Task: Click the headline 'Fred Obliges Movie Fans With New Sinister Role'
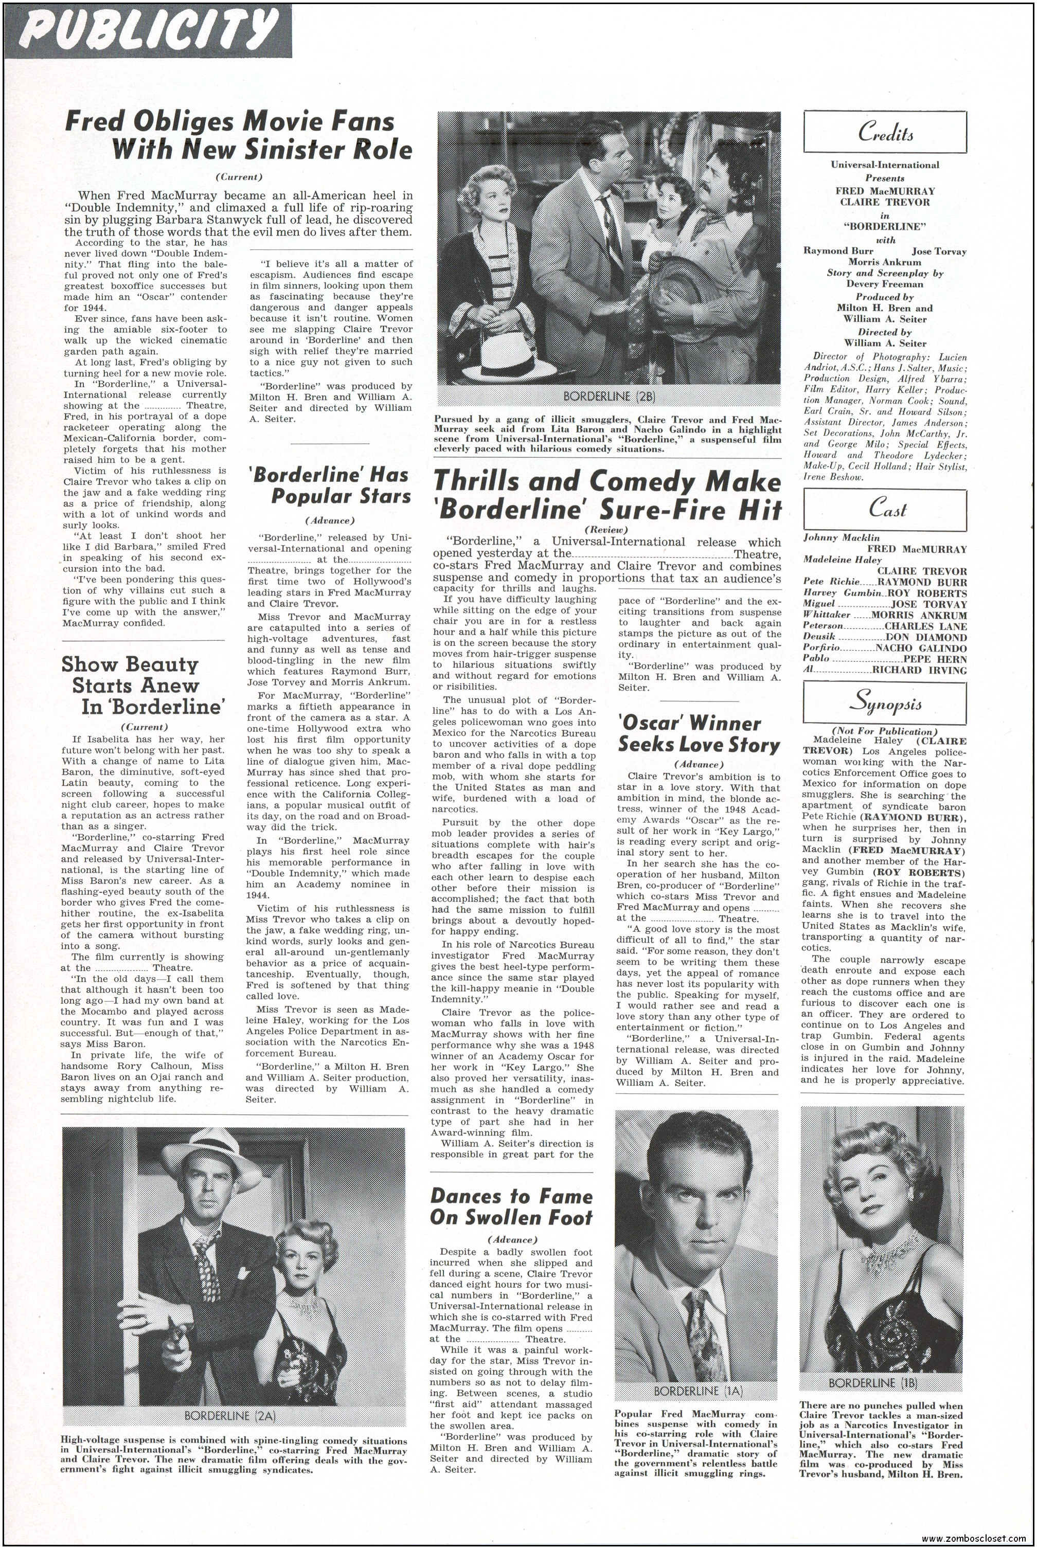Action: pyautogui.click(x=239, y=136)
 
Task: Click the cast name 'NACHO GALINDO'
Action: pyautogui.click(x=921, y=648)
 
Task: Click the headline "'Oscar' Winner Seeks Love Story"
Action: pyautogui.click(x=699, y=734)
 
